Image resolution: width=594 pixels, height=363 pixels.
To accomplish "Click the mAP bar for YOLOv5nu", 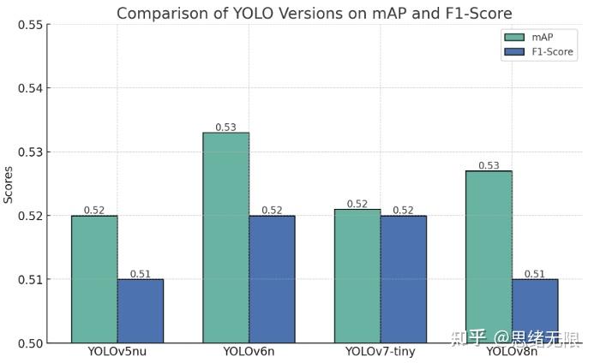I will coord(94,279).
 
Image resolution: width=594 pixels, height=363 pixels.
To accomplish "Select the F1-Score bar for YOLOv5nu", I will coord(141,311).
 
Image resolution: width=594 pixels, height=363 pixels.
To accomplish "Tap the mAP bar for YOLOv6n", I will coord(226,238).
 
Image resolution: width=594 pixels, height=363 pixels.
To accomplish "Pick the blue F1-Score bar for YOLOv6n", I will coord(272,279).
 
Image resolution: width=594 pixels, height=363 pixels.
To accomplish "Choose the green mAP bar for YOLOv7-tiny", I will coord(357,276).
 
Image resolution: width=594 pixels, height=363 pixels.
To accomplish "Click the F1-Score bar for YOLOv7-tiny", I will coord(404,279).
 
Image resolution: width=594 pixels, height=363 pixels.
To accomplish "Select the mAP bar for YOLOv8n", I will coord(489,257).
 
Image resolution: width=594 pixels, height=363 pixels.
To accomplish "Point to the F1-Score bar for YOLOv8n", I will coord(535,311).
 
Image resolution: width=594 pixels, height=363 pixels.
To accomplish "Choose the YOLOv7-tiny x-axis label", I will coord(380,352).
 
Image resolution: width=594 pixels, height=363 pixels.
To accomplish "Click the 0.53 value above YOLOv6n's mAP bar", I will coord(225,127).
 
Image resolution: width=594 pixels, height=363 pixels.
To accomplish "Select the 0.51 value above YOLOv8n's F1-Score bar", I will coord(534,274).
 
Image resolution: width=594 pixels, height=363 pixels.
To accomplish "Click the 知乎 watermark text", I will coord(469,336).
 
